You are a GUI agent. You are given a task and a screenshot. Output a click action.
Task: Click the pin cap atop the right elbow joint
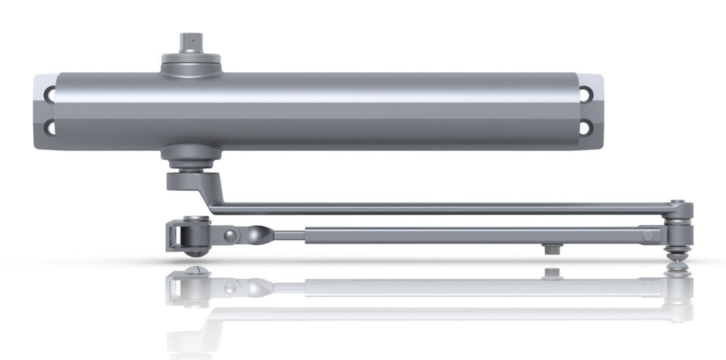(678, 203)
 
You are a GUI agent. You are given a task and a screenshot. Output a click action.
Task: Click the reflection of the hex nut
(550, 273)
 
